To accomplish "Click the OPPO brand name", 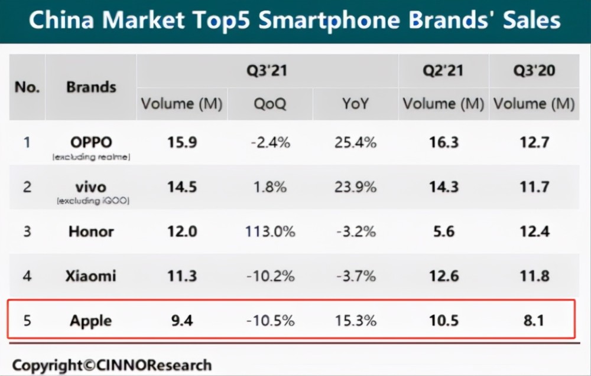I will pyautogui.click(x=90, y=142).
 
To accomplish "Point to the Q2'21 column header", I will pyautogui.click(x=443, y=71).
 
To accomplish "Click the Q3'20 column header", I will pyautogui.click(x=534, y=71).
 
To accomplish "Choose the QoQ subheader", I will pyautogui.click(x=269, y=104).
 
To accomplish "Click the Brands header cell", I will pyautogui.click(x=90, y=87).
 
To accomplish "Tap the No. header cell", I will pyautogui.click(x=27, y=87).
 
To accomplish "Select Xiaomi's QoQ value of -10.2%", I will pyautogui.click(x=269, y=276).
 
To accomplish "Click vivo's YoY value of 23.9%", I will pyautogui.click(x=355, y=187).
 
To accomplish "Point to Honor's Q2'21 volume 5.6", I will pyautogui.click(x=443, y=231).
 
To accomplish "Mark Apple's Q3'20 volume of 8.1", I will pyautogui.click(x=533, y=321).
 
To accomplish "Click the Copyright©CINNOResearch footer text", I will pyautogui.click(x=112, y=365).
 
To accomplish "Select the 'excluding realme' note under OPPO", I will pyautogui.click(x=90, y=157).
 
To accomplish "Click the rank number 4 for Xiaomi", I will pyautogui.click(x=27, y=276).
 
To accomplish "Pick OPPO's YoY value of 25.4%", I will pyautogui.click(x=355, y=142).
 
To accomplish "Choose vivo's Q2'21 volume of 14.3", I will pyautogui.click(x=443, y=187).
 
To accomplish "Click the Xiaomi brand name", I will pyautogui.click(x=90, y=276).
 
